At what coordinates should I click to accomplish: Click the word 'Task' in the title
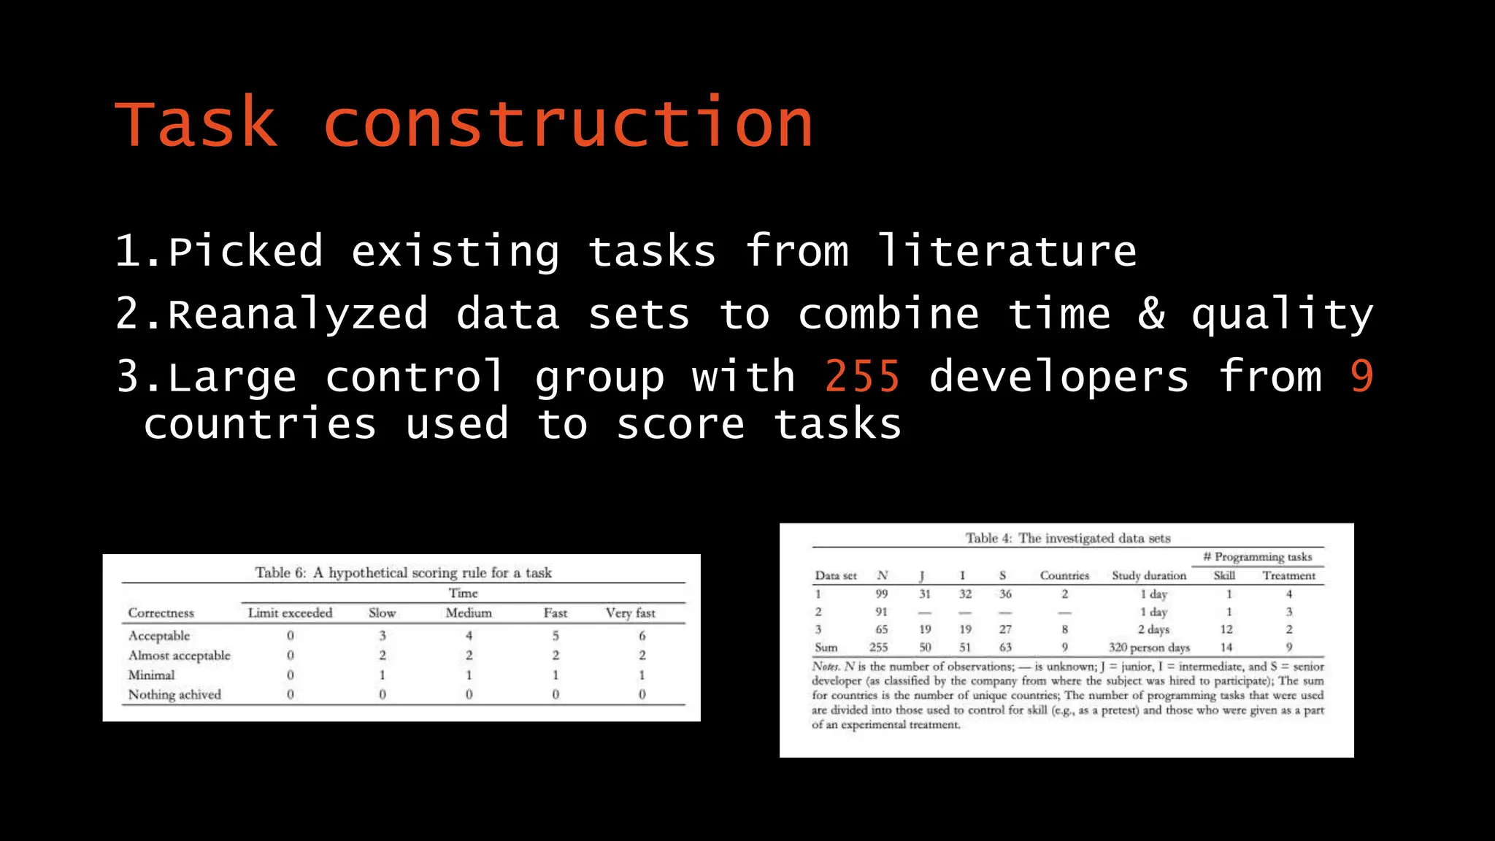(196, 123)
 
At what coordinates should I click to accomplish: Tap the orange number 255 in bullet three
(862, 377)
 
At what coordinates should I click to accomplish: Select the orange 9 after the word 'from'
(1361, 377)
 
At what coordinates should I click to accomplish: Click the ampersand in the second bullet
(1151, 314)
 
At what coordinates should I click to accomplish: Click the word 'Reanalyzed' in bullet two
(298, 314)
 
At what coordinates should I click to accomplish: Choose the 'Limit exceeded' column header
(290, 613)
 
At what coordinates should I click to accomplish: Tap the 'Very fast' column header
(631, 613)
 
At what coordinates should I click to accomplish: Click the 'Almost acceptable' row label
(180, 656)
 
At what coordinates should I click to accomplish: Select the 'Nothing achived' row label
(174, 694)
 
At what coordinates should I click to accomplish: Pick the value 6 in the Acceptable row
(642, 636)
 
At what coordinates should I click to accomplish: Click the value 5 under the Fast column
(556, 636)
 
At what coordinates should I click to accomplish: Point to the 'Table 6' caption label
(280, 572)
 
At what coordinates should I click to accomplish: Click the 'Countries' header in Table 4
(1064, 575)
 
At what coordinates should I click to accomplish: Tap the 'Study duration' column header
(1149, 575)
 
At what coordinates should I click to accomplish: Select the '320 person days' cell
(1149, 647)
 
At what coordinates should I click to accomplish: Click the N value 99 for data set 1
(882, 594)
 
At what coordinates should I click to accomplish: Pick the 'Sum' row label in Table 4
(826, 647)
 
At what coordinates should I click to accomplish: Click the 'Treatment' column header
(1289, 575)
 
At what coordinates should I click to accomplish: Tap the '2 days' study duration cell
(1153, 629)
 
